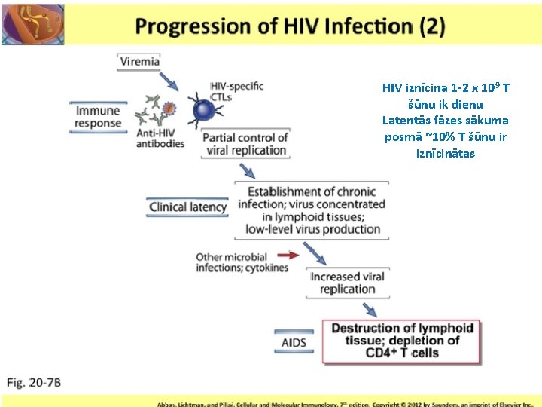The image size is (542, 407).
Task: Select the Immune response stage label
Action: (98, 117)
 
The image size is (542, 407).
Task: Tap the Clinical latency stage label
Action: (187, 207)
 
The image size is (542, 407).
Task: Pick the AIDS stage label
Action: (294, 343)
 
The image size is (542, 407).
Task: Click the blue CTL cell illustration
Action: (204, 112)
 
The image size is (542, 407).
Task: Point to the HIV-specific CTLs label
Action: (236, 92)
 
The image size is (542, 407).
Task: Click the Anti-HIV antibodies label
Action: (160, 139)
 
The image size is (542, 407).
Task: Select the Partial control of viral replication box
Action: (246, 143)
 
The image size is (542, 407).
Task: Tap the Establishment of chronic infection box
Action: (312, 210)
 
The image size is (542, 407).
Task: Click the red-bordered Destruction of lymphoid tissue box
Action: (402, 341)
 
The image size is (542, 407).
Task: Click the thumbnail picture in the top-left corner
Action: (33, 23)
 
